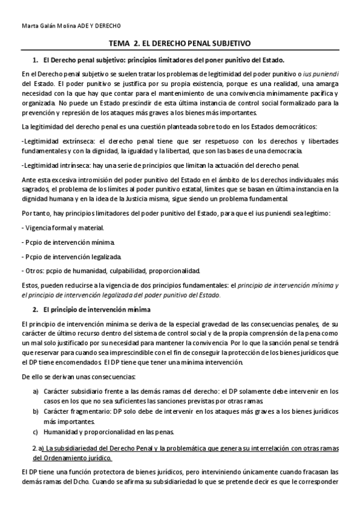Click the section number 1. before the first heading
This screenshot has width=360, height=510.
(35, 61)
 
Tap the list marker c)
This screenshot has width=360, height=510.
(36, 432)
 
